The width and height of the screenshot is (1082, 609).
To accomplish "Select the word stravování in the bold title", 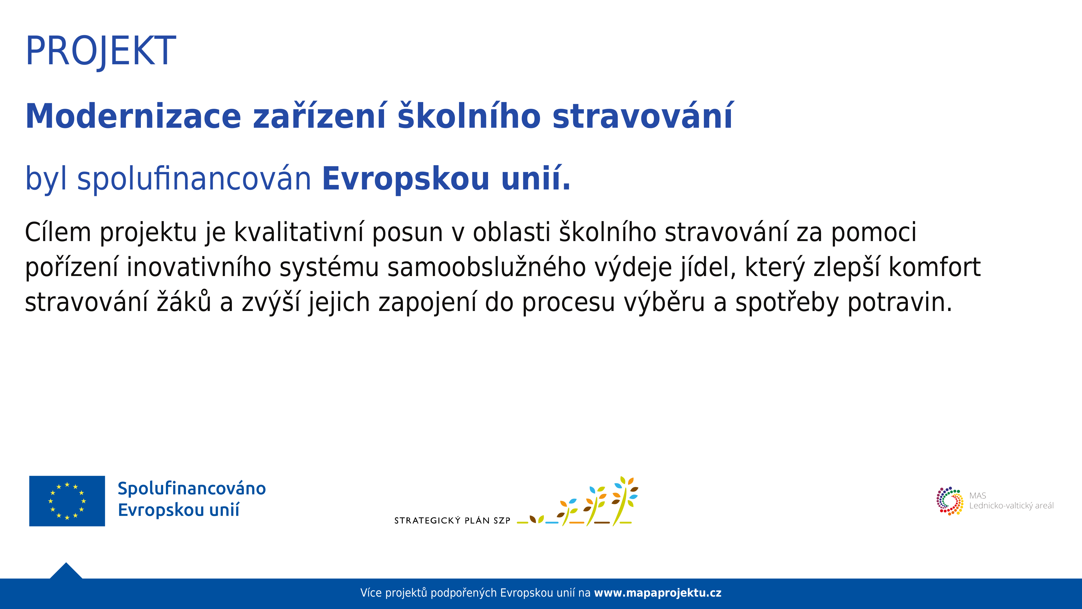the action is tap(643, 116).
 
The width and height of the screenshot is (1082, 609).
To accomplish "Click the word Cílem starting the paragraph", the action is tap(58, 232).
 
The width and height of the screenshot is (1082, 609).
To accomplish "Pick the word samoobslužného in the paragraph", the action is tap(486, 268).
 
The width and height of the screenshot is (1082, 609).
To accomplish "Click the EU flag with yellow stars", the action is tap(67, 501).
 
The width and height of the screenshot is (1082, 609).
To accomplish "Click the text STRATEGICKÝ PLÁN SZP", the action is tap(452, 521).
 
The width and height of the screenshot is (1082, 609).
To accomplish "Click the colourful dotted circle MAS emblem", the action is tap(950, 501).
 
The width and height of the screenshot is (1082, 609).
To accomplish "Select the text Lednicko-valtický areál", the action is tap(1012, 506).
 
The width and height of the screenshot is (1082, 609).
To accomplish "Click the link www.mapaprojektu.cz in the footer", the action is tap(658, 593).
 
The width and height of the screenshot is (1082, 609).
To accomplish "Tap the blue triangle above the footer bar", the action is tap(66, 571).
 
